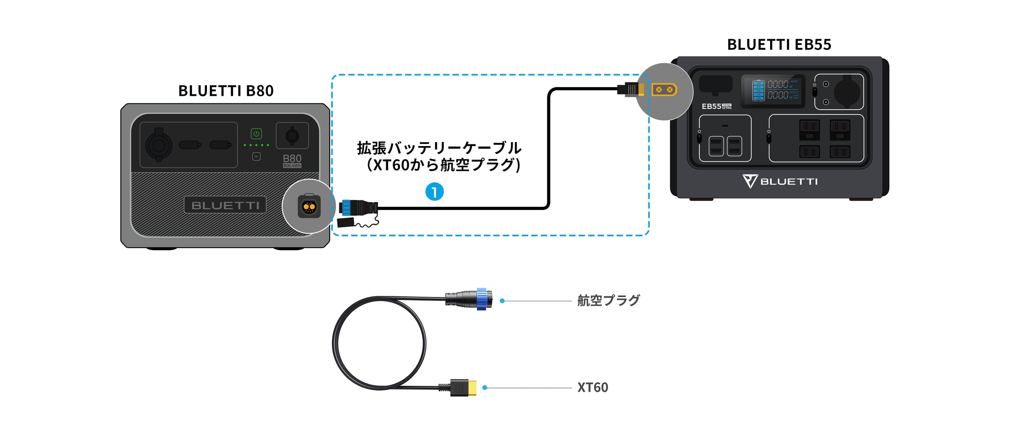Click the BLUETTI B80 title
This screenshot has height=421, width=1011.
click(226, 91)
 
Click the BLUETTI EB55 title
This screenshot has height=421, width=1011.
click(779, 45)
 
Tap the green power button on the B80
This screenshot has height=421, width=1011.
click(256, 134)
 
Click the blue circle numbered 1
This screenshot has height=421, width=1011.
click(434, 192)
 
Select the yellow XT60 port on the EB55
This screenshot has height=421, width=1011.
click(664, 90)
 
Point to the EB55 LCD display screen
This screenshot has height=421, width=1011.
click(772, 91)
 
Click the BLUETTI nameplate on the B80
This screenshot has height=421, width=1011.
click(225, 205)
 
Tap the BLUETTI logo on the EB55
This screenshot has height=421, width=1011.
click(780, 181)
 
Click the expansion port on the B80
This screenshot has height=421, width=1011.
click(309, 206)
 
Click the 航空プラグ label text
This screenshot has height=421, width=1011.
click(608, 301)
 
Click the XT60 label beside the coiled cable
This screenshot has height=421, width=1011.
click(592, 387)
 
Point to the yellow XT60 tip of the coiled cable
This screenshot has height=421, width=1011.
click(472, 387)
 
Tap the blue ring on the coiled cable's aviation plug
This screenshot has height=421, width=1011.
click(481, 299)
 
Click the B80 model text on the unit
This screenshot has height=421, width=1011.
click(292, 159)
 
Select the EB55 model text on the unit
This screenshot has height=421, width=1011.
click(711, 107)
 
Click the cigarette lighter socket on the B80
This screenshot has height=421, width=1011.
click(159, 145)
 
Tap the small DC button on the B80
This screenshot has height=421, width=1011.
click(256, 157)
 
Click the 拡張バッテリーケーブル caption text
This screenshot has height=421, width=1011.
click(439, 148)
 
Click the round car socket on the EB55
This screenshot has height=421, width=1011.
click(847, 92)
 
